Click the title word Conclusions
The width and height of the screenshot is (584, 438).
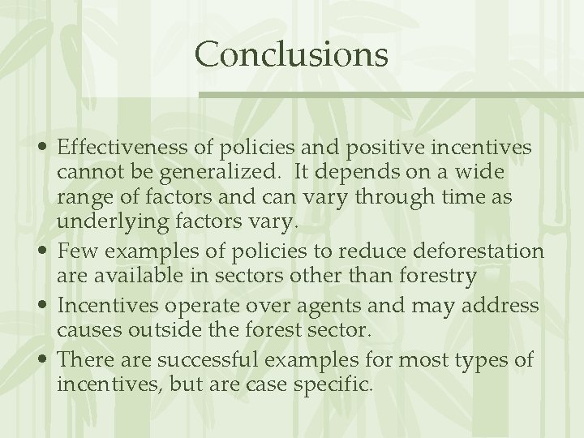(x=291, y=54)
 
